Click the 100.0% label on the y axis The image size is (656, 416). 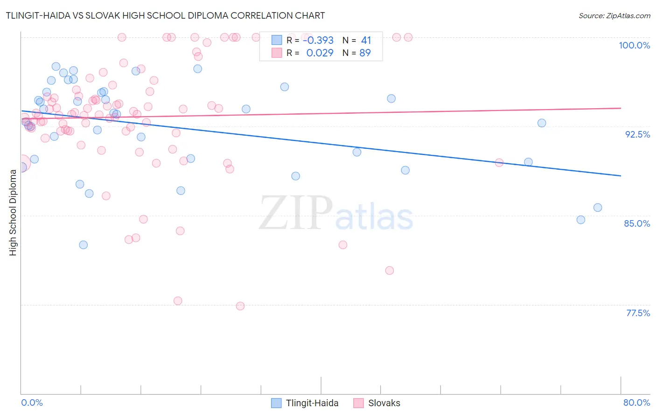[x=634, y=45]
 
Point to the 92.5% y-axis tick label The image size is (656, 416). [x=637, y=134]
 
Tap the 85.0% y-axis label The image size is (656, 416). [x=637, y=223]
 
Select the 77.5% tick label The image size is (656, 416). [x=638, y=313]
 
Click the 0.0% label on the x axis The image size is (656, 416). [x=32, y=402]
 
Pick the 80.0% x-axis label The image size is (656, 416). [x=636, y=402]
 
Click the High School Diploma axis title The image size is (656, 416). [x=13, y=212]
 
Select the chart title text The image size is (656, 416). [x=165, y=15]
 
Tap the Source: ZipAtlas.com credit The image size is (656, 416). [x=614, y=15]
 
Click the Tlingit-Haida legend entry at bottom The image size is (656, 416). [x=305, y=403]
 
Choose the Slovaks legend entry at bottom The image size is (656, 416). [x=377, y=403]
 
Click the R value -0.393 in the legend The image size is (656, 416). [x=318, y=40]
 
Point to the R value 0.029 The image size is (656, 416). [x=320, y=53]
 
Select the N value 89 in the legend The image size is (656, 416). [x=365, y=53]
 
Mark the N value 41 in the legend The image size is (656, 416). [x=366, y=40]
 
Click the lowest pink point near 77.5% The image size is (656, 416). [x=240, y=306]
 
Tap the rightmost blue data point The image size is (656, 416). [x=598, y=208]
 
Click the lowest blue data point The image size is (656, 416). [x=84, y=245]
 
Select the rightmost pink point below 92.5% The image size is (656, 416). [x=499, y=163]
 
